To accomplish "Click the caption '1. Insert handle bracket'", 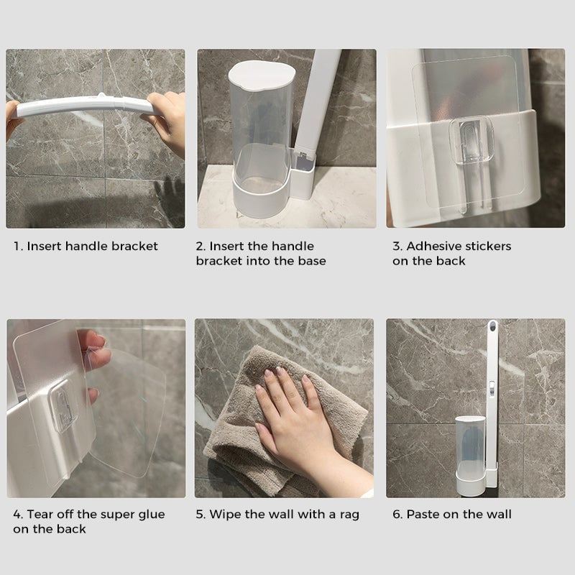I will tap(86, 247).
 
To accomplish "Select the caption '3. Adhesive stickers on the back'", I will tap(451, 254).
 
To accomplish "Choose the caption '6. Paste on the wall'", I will tap(451, 515).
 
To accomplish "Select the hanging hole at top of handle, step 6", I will tap(494, 332).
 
